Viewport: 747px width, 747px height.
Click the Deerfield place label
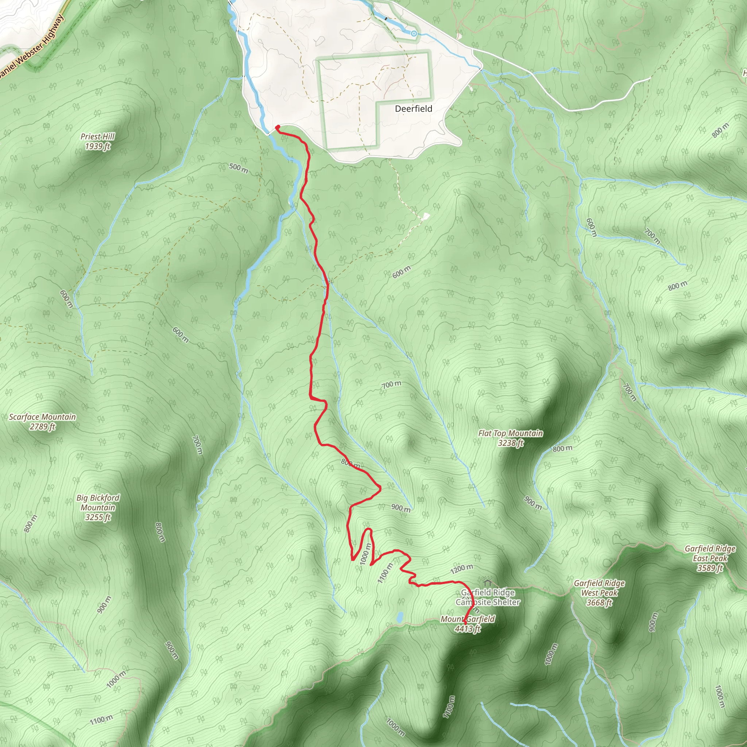pyautogui.click(x=413, y=109)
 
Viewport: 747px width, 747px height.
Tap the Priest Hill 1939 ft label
pyautogui.click(x=97, y=141)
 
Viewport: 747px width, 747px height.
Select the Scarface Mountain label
pyautogui.click(x=43, y=421)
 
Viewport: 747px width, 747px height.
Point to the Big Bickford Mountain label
pyautogui.click(x=98, y=507)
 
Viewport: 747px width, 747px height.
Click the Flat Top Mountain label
pyautogui.click(x=510, y=438)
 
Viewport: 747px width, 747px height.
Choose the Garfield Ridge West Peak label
pyautogui.click(x=599, y=593)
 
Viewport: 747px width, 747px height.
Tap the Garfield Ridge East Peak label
pyautogui.click(x=710, y=558)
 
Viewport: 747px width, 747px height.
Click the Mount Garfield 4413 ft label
pyautogui.click(x=468, y=624)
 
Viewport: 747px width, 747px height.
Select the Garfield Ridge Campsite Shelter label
pyautogui.click(x=488, y=597)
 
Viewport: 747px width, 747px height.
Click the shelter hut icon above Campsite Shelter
pyautogui.click(x=487, y=582)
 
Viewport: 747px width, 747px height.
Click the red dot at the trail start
pyautogui.click(x=278, y=127)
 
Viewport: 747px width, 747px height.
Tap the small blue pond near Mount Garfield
pyautogui.click(x=400, y=617)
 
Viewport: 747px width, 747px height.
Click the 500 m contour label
pyautogui.click(x=239, y=168)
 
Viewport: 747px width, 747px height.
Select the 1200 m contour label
pyautogui.click(x=462, y=569)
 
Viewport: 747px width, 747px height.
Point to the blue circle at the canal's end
pyautogui.click(x=414, y=34)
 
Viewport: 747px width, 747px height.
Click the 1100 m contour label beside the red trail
pyautogui.click(x=385, y=573)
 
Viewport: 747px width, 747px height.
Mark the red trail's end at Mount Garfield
pyautogui.click(x=465, y=620)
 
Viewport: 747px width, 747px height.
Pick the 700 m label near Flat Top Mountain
pyautogui.click(x=392, y=384)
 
